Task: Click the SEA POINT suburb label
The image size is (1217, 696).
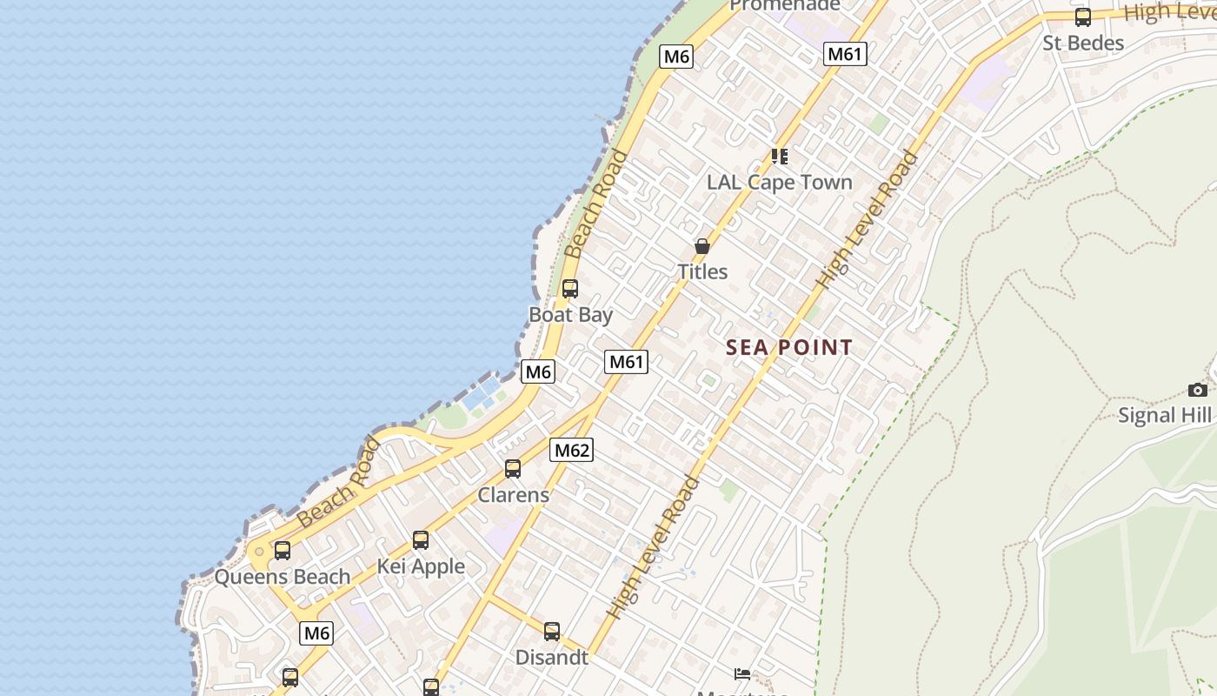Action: [x=789, y=348]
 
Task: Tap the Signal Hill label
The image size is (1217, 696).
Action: [x=1164, y=415]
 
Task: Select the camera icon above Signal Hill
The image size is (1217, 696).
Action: [x=1198, y=390]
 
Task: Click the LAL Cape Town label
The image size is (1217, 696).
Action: [x=779, y=182]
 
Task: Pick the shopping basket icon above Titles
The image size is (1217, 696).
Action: [x=702, y=246]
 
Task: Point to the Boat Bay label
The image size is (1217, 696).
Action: [x=571, y=314]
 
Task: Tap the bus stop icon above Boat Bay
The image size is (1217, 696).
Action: [x=570, y=288]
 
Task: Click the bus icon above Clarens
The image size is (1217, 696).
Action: [x=513, y=469]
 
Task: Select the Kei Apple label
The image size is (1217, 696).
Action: [x=421, y=566]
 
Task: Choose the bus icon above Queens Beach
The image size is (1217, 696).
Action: [x=283, y=551]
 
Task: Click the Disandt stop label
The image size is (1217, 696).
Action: [x=552, y=657]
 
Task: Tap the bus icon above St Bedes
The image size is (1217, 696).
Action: [x=1083, y=17]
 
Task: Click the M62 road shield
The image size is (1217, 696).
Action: [x=572, y=450]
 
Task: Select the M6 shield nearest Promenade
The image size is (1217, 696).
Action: [x=676, y=57]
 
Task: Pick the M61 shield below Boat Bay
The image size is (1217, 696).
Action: [x=626, y=361]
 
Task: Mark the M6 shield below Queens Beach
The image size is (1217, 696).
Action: [x=316, y=633]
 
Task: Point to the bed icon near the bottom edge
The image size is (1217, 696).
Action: [x=742, y=673]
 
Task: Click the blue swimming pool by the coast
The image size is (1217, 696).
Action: [x=482, y=395]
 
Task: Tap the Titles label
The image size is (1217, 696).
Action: [x=702, y=271]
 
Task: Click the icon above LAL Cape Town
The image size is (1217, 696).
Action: [x=780, y=157]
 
